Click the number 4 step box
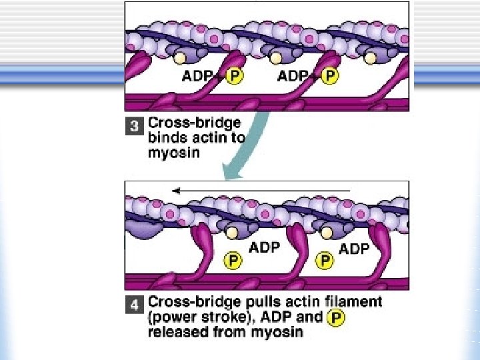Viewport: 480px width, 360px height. pyautogui.click(x=134, y=306)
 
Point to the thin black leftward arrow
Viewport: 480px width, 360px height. pyautogui.click(x=261, y=191)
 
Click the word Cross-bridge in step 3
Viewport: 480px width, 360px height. pyautogui.click(x=194, y=123)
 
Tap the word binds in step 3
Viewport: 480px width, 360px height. pyautogui.click(x=166, y=139)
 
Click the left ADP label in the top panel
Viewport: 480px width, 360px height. pyautogui.click(x=198, y=76)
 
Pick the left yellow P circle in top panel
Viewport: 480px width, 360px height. pyautogui.click(x=234, y=76)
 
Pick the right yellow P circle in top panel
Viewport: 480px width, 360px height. pyautogui.click(x=329, y=76)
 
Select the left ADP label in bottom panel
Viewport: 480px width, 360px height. pyautogui.click(x=264, y=247)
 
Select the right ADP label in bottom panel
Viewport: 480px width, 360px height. pyautogui.click(x=355, y=249)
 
